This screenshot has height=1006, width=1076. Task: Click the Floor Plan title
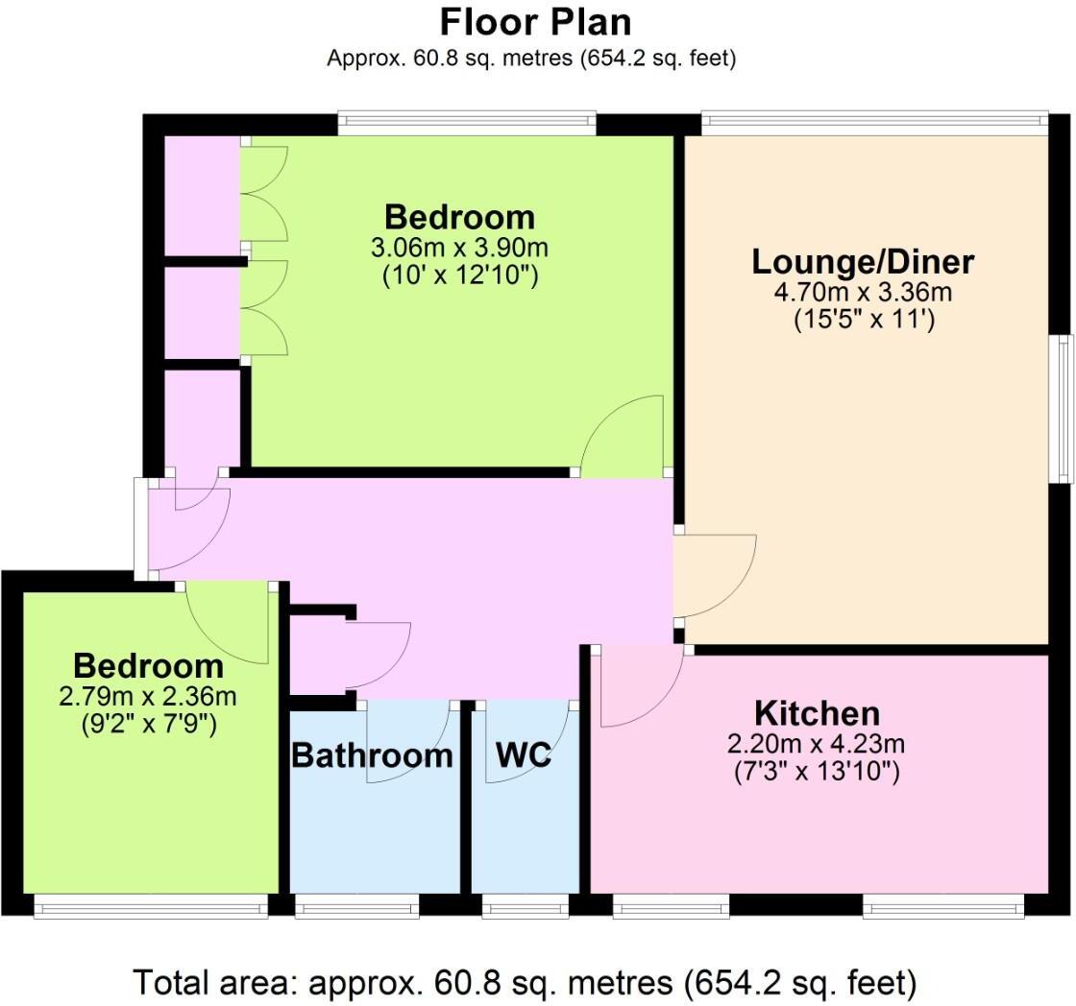(536, 21)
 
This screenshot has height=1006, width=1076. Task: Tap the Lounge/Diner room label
(863, 261)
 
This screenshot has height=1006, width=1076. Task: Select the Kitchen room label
(818, 714)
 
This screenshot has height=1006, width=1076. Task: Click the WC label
(524, 755)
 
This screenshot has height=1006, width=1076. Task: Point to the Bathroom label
(372, 755)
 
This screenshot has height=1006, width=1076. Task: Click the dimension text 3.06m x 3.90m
(459, 248)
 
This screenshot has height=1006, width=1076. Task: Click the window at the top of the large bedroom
(467, 121)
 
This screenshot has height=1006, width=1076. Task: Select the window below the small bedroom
(150, 905)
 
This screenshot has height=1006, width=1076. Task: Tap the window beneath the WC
(525, 905)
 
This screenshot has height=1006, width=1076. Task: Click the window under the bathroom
(356, 905)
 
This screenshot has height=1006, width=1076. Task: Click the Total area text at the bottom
(525, 982)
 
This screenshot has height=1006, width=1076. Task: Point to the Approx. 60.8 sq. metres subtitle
(531, 58)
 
